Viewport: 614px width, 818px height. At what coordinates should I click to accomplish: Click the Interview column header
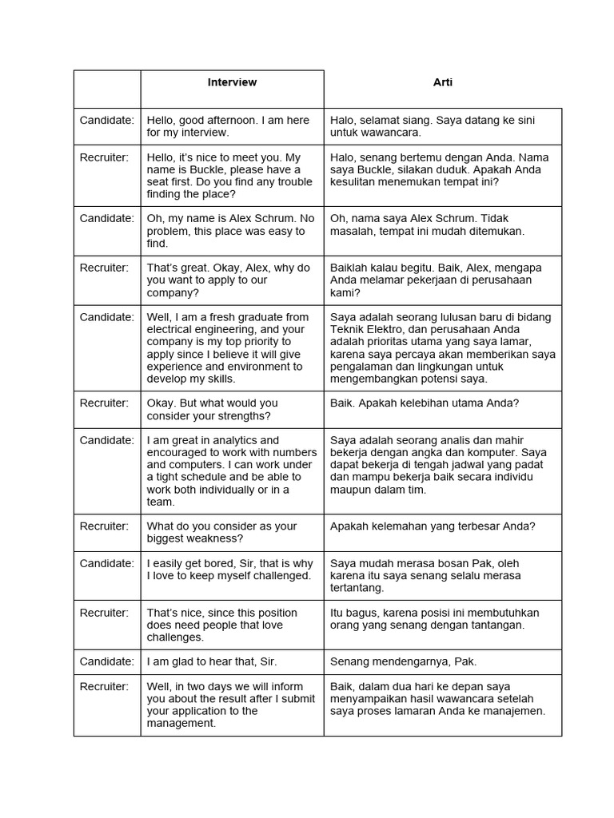pos(232,82)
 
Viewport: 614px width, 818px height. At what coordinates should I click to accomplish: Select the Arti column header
pos(443,82)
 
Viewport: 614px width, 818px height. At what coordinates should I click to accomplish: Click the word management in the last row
pos(181,724)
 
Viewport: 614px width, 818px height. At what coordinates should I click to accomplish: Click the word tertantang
pos(357,588)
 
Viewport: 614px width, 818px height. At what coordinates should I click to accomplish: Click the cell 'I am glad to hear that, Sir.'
pos(212,661)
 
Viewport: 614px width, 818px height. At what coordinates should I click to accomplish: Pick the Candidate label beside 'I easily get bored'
pos(107,563)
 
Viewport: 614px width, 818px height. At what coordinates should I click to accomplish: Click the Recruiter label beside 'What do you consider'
pos(104,526)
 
